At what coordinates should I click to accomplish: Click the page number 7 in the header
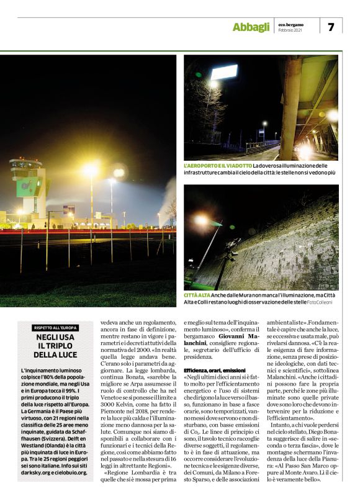click(331, 26)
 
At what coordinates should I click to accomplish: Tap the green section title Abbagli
click(251, 27)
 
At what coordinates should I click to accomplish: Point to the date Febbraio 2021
click(290, 30)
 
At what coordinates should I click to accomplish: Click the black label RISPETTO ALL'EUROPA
click(55, 327)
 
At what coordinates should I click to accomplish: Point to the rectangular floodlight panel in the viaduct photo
click(223, 72)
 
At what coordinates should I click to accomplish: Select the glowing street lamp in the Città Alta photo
click(201, 220)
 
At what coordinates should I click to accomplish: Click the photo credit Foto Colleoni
click(324, 302)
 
